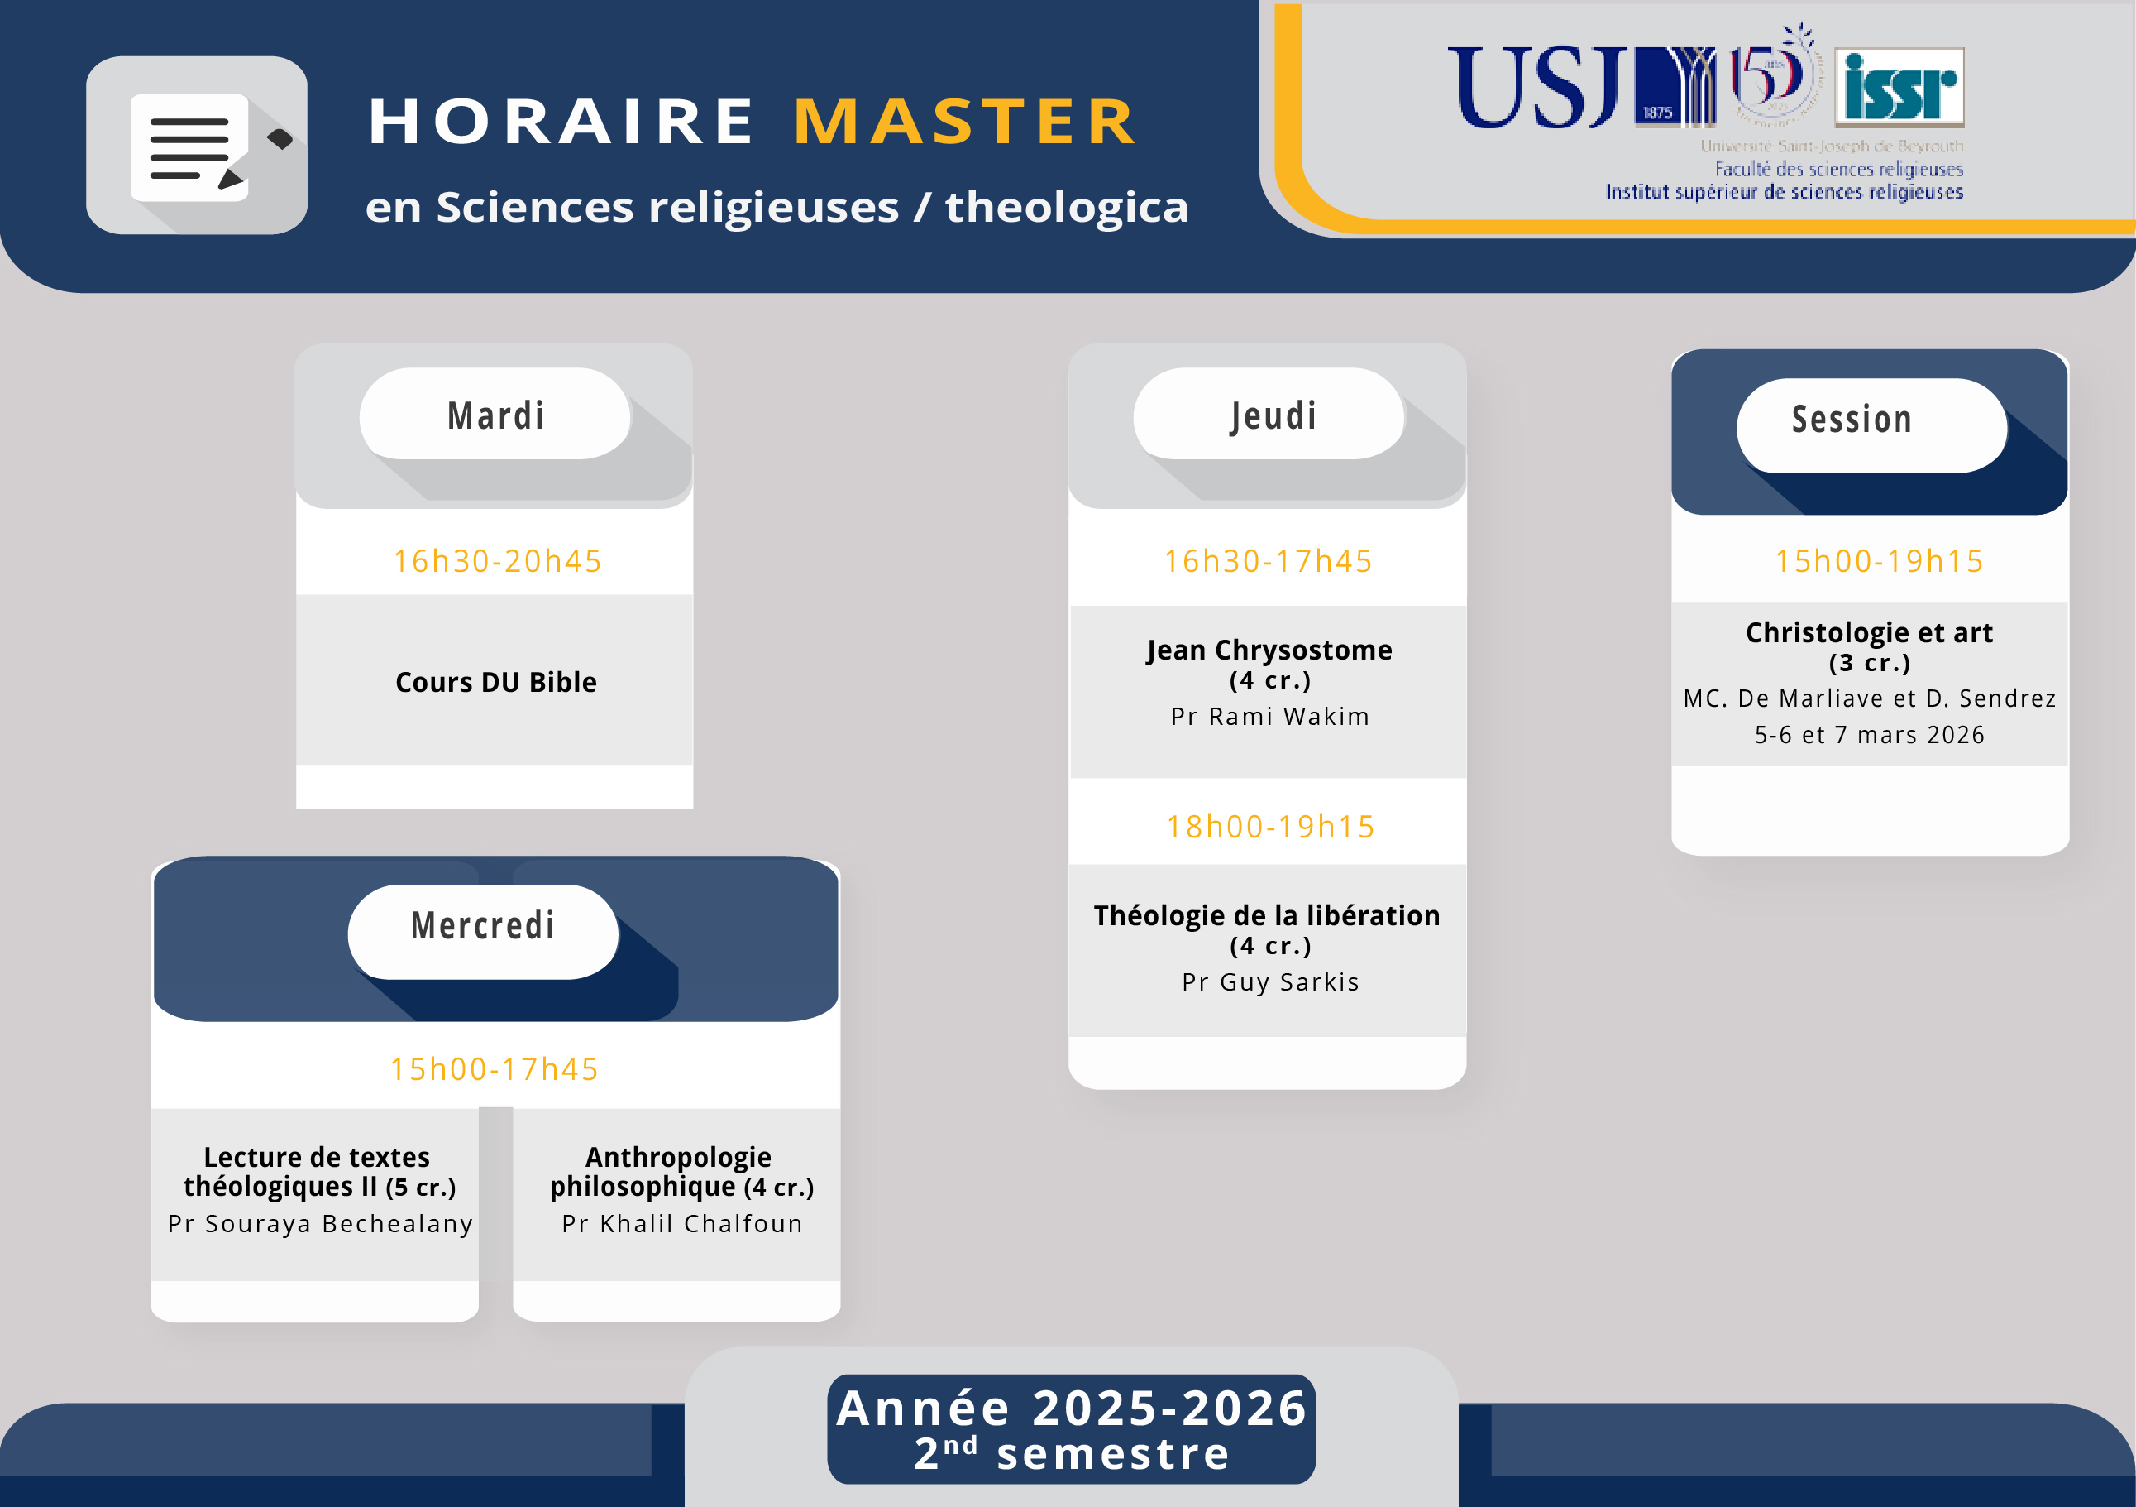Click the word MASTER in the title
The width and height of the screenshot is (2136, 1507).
[x=965, y=121]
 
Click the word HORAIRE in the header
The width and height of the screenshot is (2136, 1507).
[x=561, y=121]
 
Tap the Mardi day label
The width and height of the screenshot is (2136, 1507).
[x=496, y=415]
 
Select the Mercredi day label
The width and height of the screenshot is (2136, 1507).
[x=483, y=925]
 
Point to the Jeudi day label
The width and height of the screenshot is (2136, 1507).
[x=1273, y=416]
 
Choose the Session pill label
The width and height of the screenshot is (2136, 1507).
[x=1852, y=420]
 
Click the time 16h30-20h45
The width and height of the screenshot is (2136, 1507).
[x=498, y=561]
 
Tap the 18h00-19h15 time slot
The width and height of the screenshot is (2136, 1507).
[x=1271, y=827]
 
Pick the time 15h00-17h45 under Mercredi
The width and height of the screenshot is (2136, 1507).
[x=494, y=1069]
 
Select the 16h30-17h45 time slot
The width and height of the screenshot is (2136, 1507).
[x=1269, y=561]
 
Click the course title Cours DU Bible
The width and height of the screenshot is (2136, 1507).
[x=496, y=682]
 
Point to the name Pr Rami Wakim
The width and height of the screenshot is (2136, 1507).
[x=1270, y=717]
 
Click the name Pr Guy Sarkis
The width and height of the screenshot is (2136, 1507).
[x=1271, y=982]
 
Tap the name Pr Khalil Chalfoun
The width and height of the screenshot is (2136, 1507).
[x=682, y=1223]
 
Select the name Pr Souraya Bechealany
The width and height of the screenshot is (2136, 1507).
[x=320, y=1223]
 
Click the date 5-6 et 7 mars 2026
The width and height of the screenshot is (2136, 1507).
[x=1870, y=736]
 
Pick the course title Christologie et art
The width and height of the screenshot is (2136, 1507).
[x=1869, y=633]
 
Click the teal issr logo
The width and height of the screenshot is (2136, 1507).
[x=1899, y=87]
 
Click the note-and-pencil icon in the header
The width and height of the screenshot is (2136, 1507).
[x=197, y=145]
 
